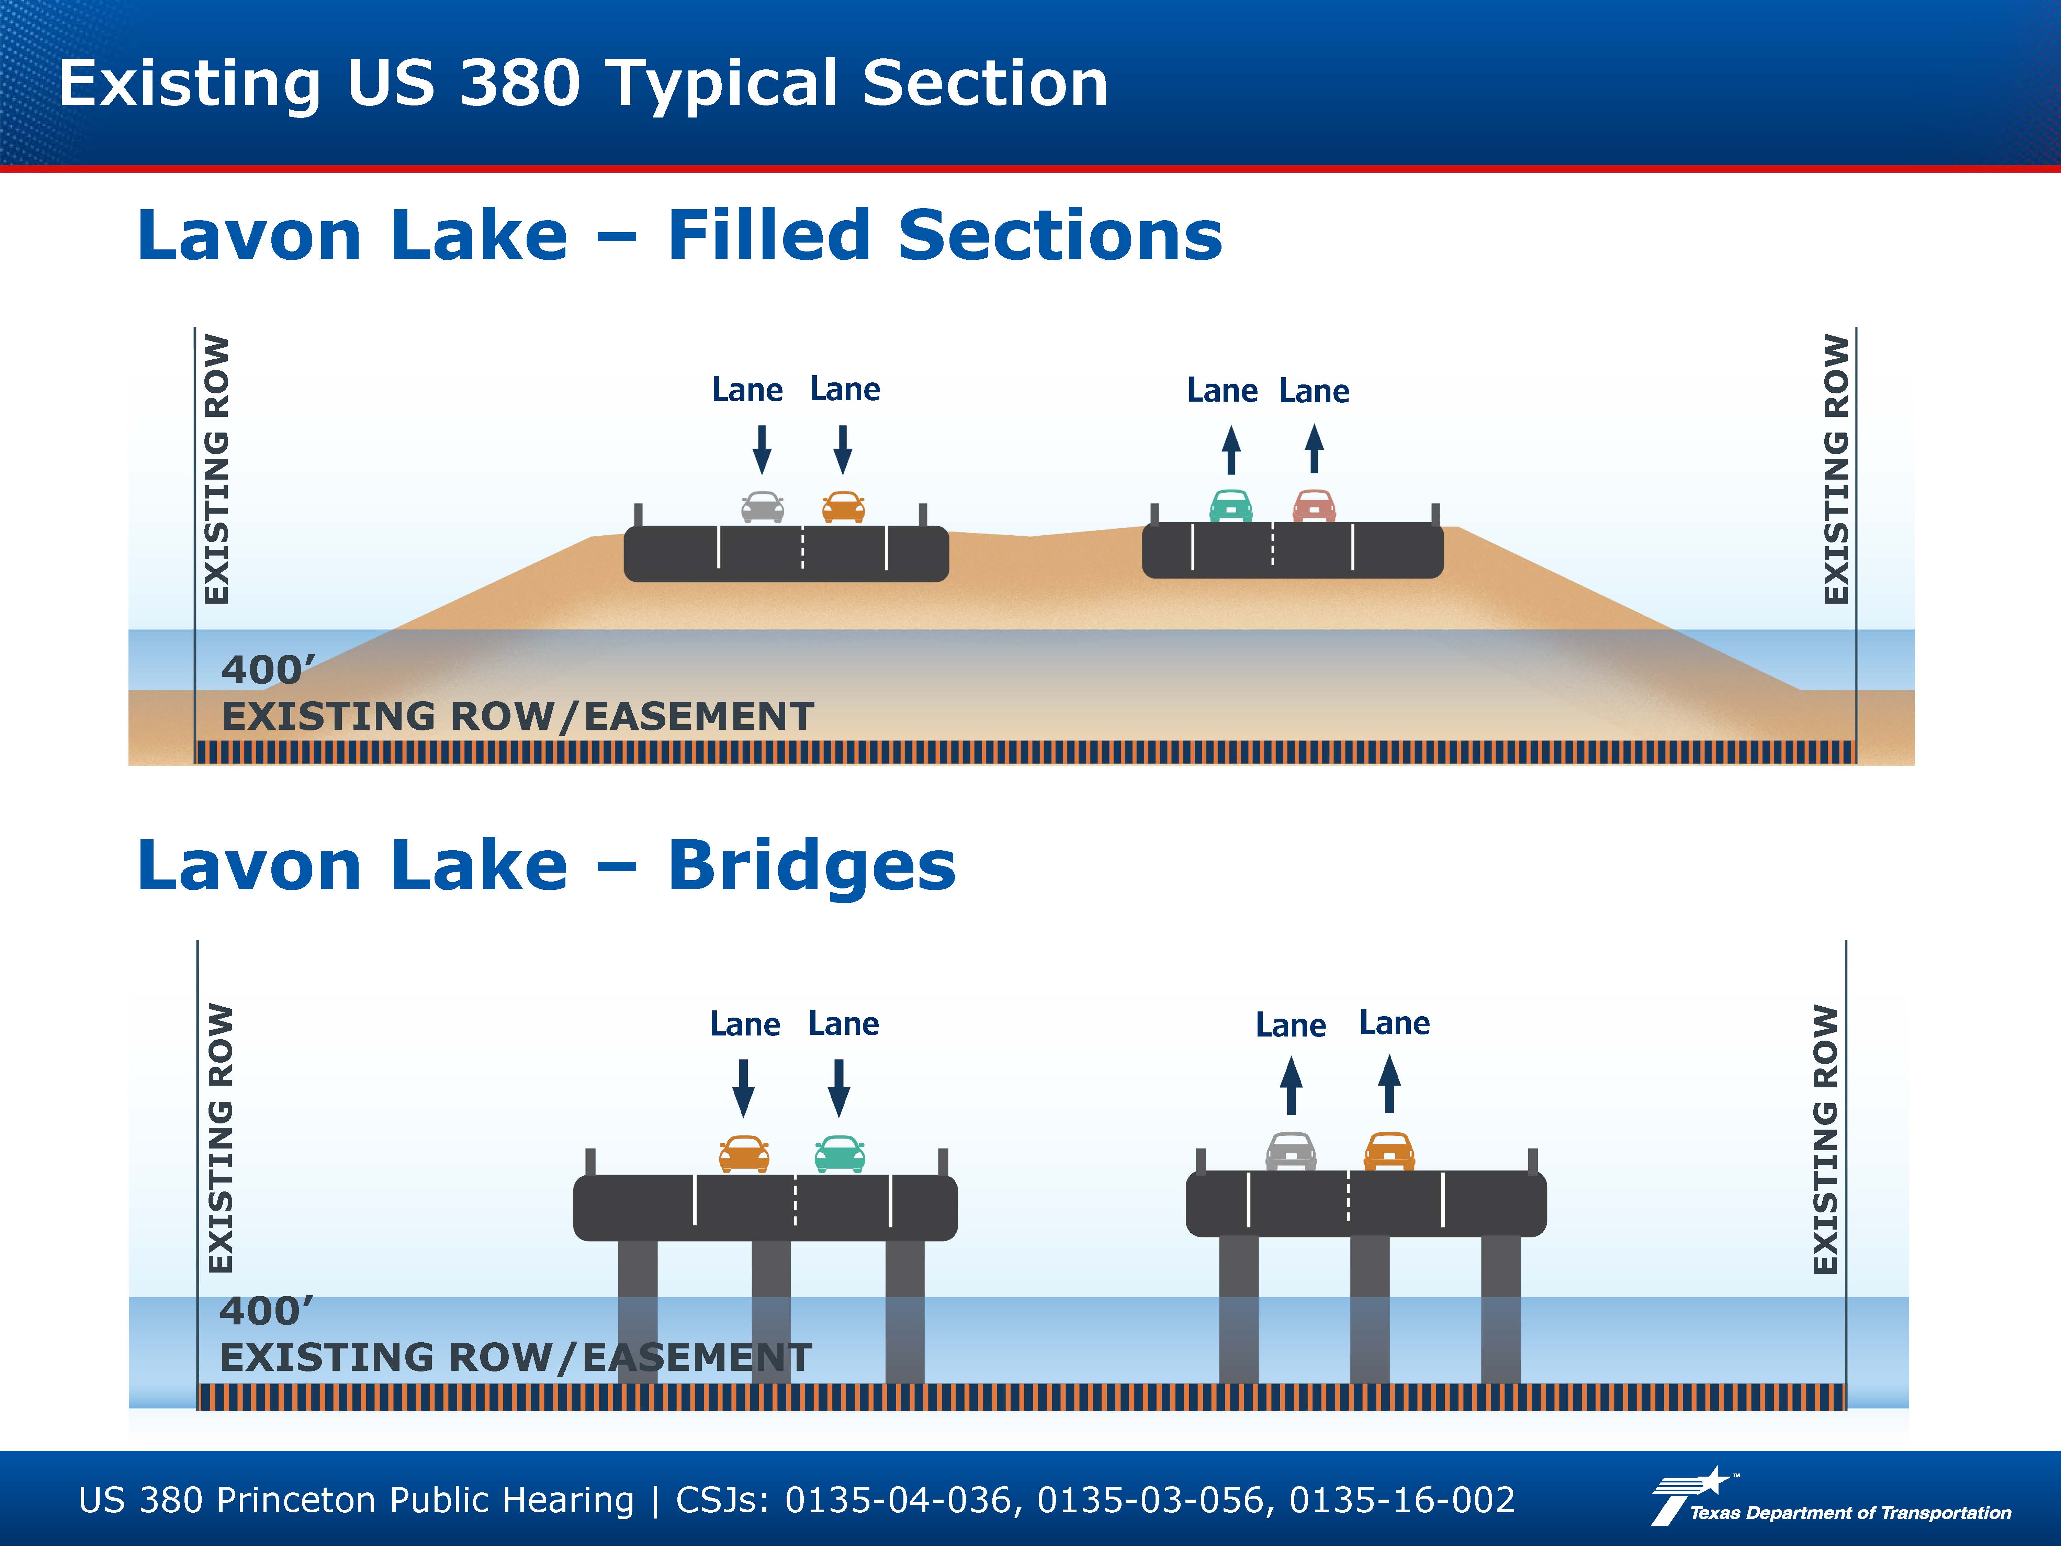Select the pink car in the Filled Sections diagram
click(x=1314, y=505)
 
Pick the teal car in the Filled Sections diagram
click(x=1231, y=505)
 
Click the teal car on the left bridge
click(x=840, y=1154)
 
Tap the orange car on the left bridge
click(x=744, y=1154)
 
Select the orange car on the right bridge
click(x=1389, y=1151)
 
